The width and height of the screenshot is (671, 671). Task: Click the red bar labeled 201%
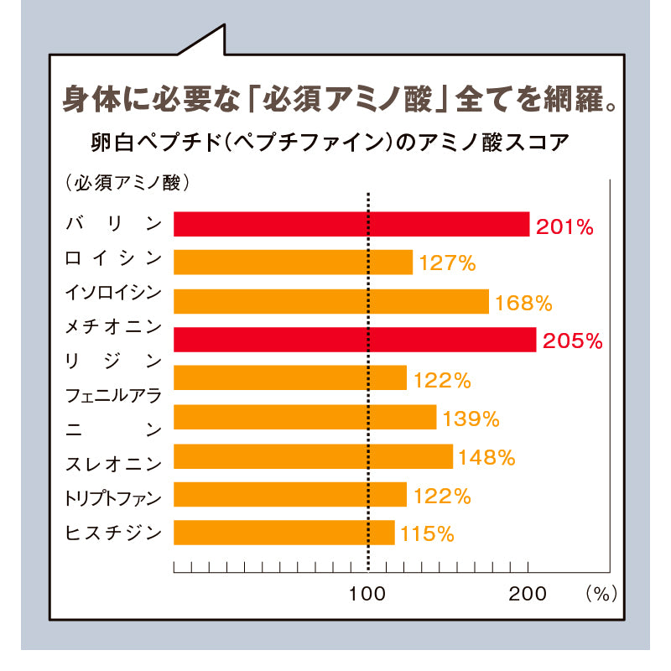point(351,224)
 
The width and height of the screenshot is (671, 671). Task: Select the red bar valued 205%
point(355,340)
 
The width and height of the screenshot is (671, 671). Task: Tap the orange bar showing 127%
point(293,263)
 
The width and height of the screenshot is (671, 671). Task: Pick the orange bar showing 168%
point(331,301)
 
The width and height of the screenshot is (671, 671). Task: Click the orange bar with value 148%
point(313,456)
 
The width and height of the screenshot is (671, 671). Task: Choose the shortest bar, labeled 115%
point(283,533)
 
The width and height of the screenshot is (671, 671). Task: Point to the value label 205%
point(573,341)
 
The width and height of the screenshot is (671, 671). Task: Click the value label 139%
point(472,418)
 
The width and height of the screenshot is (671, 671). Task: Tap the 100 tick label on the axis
point(367,595)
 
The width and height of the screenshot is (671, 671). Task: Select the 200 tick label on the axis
point(528,595)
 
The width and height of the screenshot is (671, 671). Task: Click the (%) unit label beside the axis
point(601,594)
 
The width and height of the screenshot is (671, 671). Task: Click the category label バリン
point(113,224)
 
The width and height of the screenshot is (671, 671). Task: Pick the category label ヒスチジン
point(113,533)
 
